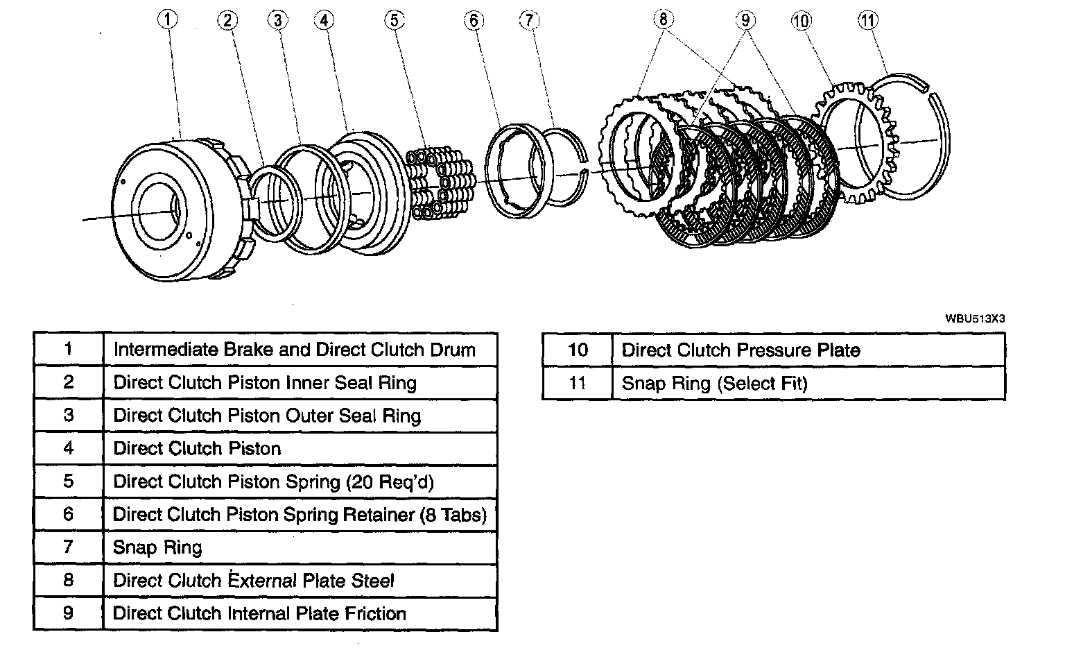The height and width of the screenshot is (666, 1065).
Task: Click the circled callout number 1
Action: [167, 20]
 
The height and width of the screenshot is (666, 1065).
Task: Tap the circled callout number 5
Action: [394, 20]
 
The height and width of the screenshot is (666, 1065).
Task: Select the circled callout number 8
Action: [662, 19]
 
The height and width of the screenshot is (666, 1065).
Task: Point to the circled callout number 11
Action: [867, 20]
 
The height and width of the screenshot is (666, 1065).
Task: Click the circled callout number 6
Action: [474, 20]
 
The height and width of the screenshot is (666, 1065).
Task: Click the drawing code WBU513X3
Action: [975, 318]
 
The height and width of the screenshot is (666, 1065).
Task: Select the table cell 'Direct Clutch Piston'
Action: [197, 449]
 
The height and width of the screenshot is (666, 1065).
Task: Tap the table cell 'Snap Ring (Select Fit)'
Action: [714, 383]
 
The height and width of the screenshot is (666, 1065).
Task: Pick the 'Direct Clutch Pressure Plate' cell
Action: [741, 350]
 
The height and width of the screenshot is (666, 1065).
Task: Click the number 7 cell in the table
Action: [68, 547]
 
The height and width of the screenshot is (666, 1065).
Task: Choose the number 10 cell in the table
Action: [577, 350]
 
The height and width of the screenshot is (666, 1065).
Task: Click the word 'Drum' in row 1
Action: [453, 350]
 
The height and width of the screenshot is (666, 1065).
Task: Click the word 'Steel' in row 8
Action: [373, 581]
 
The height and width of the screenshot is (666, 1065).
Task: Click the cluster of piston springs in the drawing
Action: [441, 182]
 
